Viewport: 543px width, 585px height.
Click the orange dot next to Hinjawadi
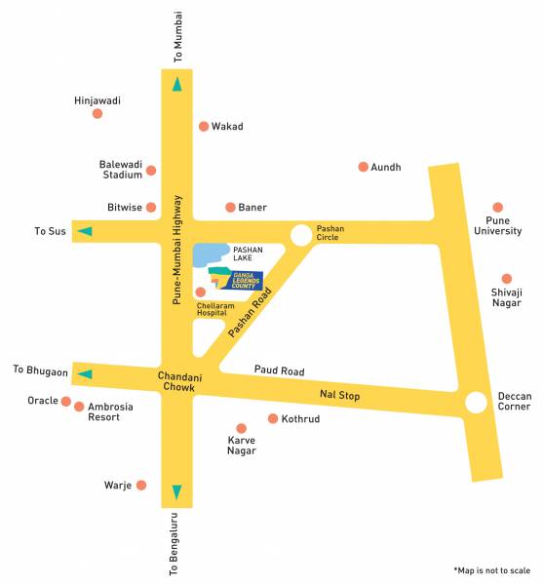[x=97, y=114]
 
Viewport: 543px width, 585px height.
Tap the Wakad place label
[x=227, y=127]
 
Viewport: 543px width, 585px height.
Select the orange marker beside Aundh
[x=363, y=167]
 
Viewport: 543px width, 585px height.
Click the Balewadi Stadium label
[x=121, y=170]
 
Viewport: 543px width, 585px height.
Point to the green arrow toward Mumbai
[x=176, y=84]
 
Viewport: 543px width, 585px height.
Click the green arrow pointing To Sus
[x=85, y=231]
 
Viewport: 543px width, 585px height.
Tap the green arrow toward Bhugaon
[x=85, y=373]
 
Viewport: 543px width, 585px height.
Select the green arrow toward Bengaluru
[x=176, y=491]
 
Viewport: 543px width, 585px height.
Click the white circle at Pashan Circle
[x=301, y=234]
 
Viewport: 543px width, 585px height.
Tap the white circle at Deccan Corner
[x=476, y=402]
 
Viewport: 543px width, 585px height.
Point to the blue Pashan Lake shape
[x=208, y=254]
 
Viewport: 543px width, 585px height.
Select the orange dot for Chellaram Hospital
[x=201, y=292]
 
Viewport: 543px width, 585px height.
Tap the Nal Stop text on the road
[x=339, y=395]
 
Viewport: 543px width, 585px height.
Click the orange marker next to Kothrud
[x=273, y=419]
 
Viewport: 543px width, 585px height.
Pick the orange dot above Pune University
[x=498, y=208]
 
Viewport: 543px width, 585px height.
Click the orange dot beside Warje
[x=141, y=485]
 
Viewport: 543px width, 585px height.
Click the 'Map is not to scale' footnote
[x=491, y=569]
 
